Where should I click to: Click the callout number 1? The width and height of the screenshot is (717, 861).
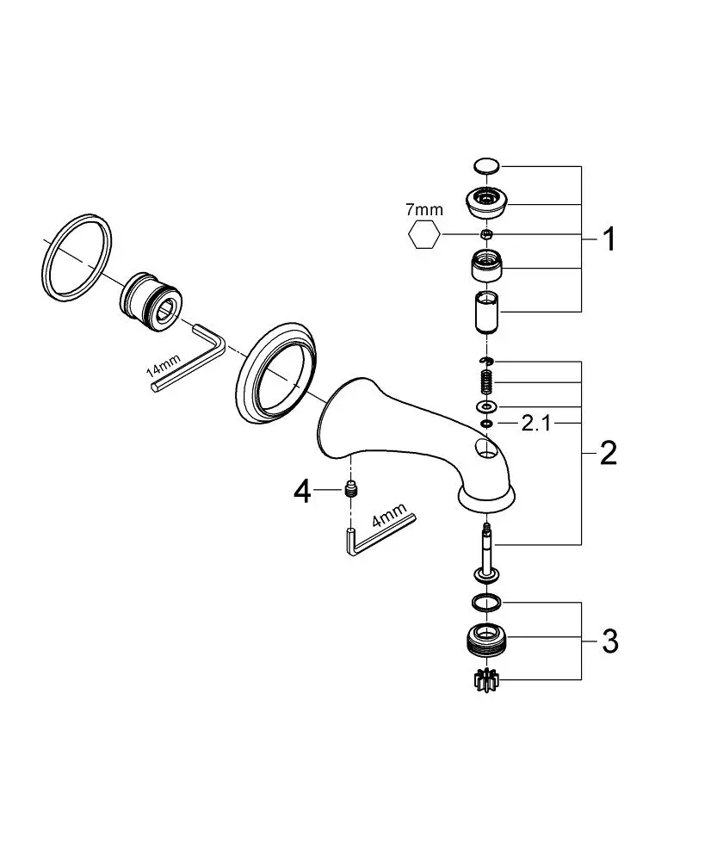[x=609, y=239]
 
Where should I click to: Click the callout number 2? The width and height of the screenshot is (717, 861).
[x=609, y=453]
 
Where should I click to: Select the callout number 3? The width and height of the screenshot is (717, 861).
[x=609, y=641]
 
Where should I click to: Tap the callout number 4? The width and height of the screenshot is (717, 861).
[x=302, y=491]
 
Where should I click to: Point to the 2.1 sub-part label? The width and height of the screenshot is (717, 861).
[x=535, y=423]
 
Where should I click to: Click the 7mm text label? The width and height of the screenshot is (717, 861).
[x=423, y=209]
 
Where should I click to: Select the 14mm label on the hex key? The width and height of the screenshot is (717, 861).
[x=164, y=366]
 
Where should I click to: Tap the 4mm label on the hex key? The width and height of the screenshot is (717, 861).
[x=389, y=515]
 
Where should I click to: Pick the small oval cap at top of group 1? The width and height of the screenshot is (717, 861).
[x=486, y=165]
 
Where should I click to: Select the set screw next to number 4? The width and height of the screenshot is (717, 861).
[x=349, y=488]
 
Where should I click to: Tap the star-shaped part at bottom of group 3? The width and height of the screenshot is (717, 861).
[x=485, y=680]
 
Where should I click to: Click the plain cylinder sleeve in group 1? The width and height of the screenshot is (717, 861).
[x=487, y=313]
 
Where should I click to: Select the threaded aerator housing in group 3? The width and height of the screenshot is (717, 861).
[x=485, y=640]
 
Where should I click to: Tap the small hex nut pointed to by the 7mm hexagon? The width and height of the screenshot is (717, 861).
[x=485, y=234]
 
